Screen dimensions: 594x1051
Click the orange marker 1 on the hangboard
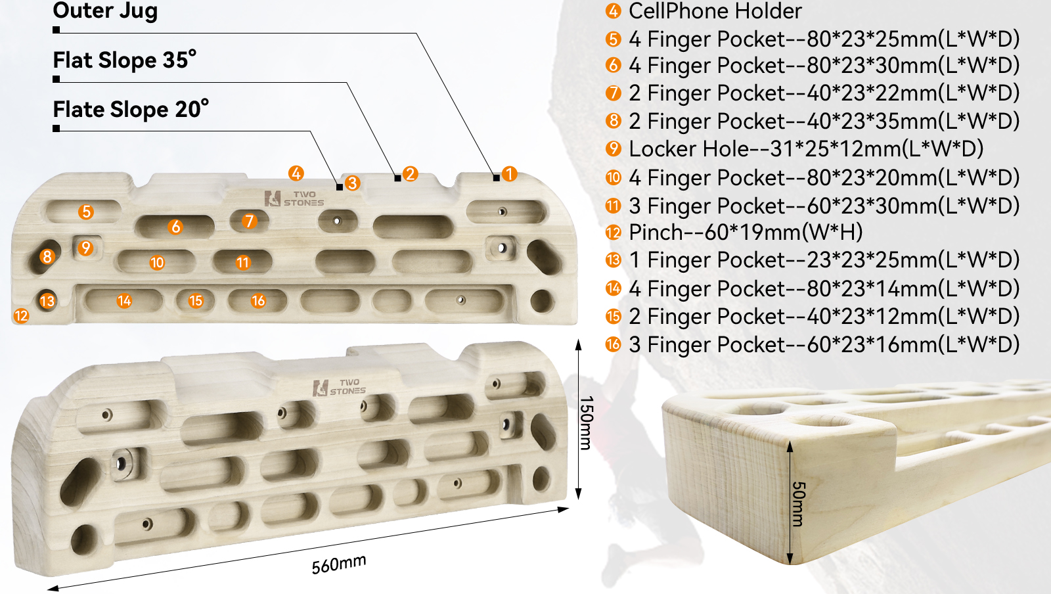pyautogui.click(x=509, y=174)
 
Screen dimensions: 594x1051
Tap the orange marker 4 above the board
pyautogui.click(x=296, y=173)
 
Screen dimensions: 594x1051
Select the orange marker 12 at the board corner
pyautogui.click(x=21, y=316)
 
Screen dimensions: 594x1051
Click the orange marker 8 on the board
pyautogui.click(x=47, y=256)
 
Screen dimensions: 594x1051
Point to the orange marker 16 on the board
pyautogui.click(x=258, y=301)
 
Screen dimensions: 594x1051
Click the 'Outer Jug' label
pyautogui.click(x=105, y=11)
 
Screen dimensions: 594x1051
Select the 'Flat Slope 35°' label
pyautogui.click(x=124, y=60)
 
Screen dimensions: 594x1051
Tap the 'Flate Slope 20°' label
pyautogui.click(x=131, y=109)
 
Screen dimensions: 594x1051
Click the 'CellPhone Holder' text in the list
pyautogui.click(x=715, y=11)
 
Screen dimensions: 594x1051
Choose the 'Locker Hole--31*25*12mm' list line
pyautogui.click(x=805, y=149)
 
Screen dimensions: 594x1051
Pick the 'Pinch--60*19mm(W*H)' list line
pyautogui.click(x=745, y=232)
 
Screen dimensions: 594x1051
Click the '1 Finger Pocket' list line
pyautogui.click(x=823, y=260)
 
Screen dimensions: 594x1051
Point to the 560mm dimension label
pyautogui.click(x=339, y=564)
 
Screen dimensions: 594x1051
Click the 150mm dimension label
pyautogui.click(x=586, y=422)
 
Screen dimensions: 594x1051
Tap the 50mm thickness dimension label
pyautogui.click(x=797, y=504)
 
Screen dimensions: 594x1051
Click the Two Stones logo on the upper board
pyautogui.click(x=294, y=198)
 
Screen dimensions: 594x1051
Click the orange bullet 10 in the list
pyautogui.click(x=613, y=177)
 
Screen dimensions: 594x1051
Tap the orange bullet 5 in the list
pyautogui.click(x=613, y=39)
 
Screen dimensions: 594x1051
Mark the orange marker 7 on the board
pyautogui.click(x=248, y=221)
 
